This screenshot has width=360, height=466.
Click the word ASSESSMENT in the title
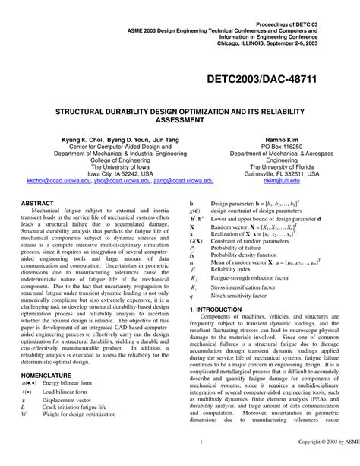tap(179, 98)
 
